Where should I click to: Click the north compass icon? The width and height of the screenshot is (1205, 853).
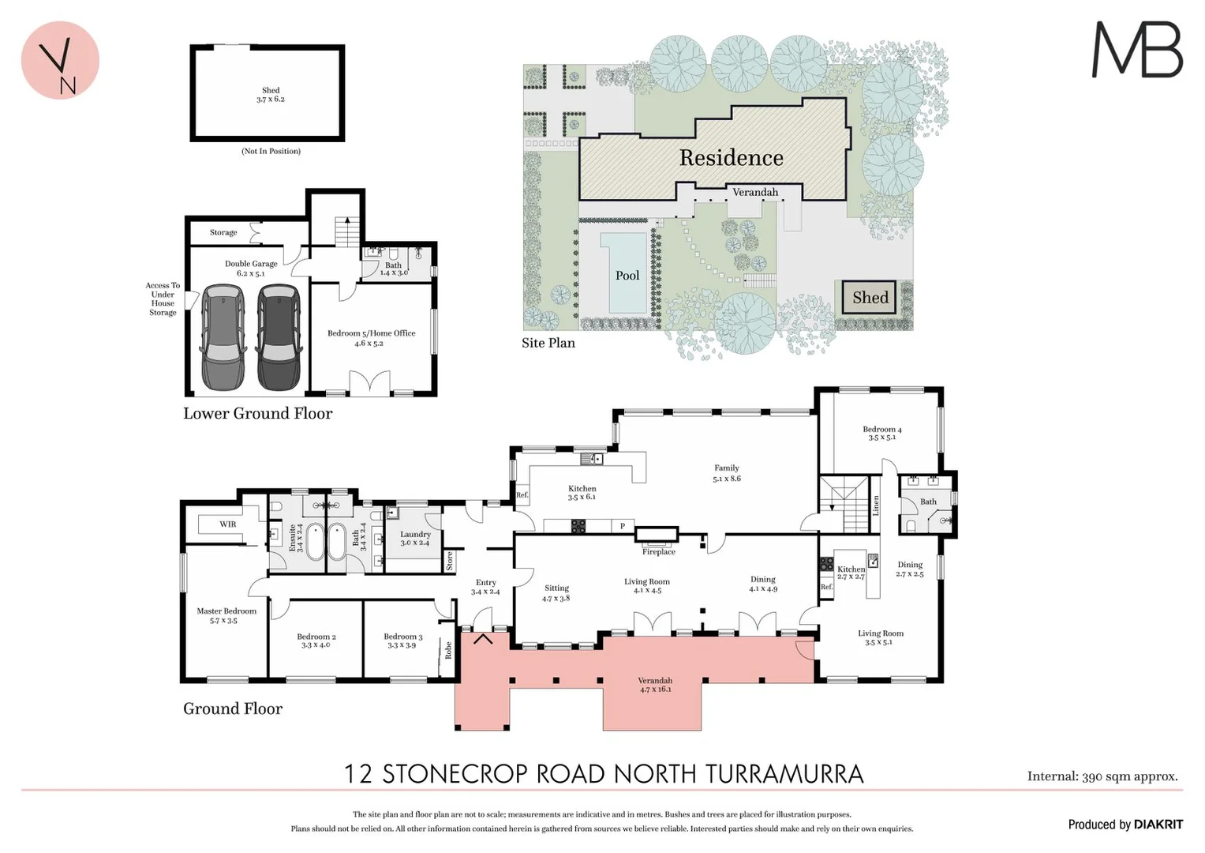pyautogui.click(x=60, y=61)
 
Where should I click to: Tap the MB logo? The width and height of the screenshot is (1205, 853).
pyautogui.click(x=1137, y=50)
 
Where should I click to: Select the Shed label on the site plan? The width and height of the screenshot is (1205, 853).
pyautogui.click(x=870, y=298)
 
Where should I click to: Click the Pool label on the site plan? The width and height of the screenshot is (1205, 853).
pyautogui.click(x=627, y=276)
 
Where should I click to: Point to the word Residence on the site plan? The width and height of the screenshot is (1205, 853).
pyautogui.click(x=731, y=158)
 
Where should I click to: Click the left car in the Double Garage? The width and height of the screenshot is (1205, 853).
pyautogui.click(x=223, y=337)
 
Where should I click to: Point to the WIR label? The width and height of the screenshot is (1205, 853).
pyautogui.click(x=227, y=524)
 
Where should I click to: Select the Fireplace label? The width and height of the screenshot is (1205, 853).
pyautogui.click(x=658, y=552)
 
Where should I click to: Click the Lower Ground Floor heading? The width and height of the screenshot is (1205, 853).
pyautogui.click(x=257, y=413)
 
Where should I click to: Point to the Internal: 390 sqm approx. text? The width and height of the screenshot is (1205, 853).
pyautogui.click(x=1102, y=776)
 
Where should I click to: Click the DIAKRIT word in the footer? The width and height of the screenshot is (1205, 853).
pyautogui.click(x=1158, y=825)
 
